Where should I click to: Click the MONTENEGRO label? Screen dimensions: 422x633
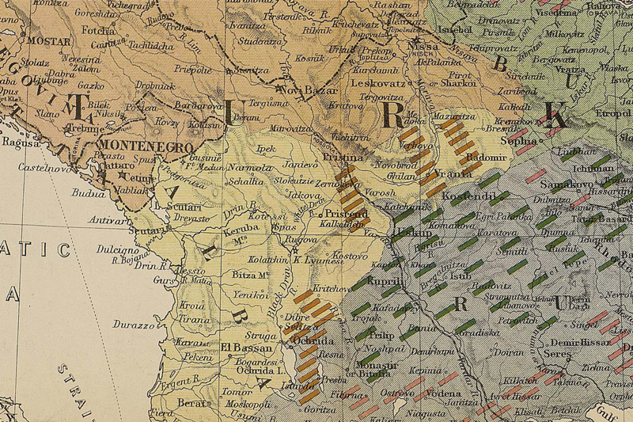(x=145, y=147)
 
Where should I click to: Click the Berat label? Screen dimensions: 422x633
(x=192, y=402)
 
